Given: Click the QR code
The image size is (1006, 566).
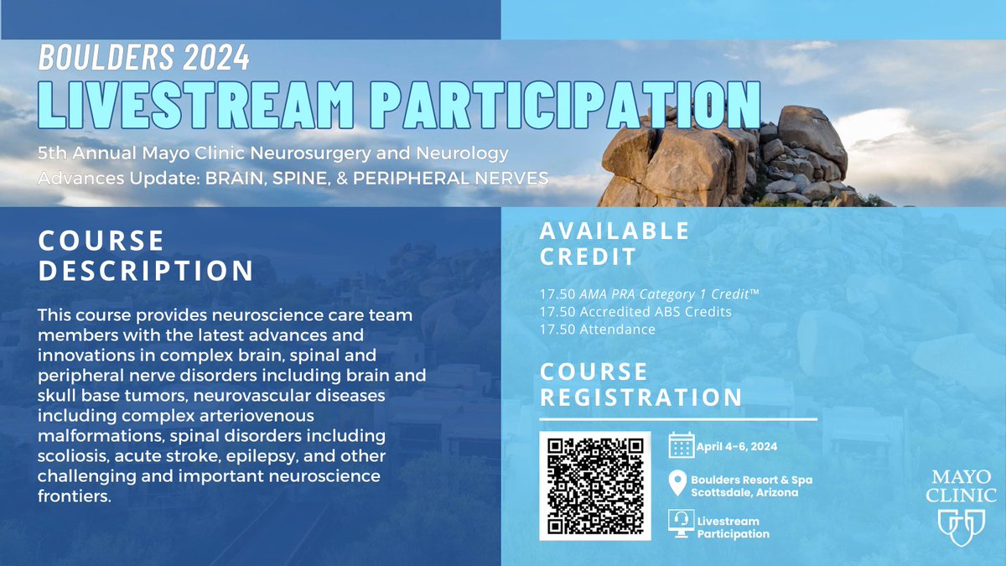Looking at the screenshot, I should coord(594,486).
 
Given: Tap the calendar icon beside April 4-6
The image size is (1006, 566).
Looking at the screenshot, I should coord(682,445).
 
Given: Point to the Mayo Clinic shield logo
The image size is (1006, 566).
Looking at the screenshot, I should coord(962,526).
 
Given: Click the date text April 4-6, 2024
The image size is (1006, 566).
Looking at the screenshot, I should coord(737,446).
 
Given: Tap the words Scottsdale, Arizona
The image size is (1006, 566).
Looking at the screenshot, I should coord(744,492).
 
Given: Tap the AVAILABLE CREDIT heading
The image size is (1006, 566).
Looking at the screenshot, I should coord(615,242).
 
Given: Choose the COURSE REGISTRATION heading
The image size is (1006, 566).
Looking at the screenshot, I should coord(641,384).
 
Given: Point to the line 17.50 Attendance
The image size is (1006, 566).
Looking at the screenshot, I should coord(599,330).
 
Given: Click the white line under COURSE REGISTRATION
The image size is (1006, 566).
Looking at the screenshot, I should coord(679,418).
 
